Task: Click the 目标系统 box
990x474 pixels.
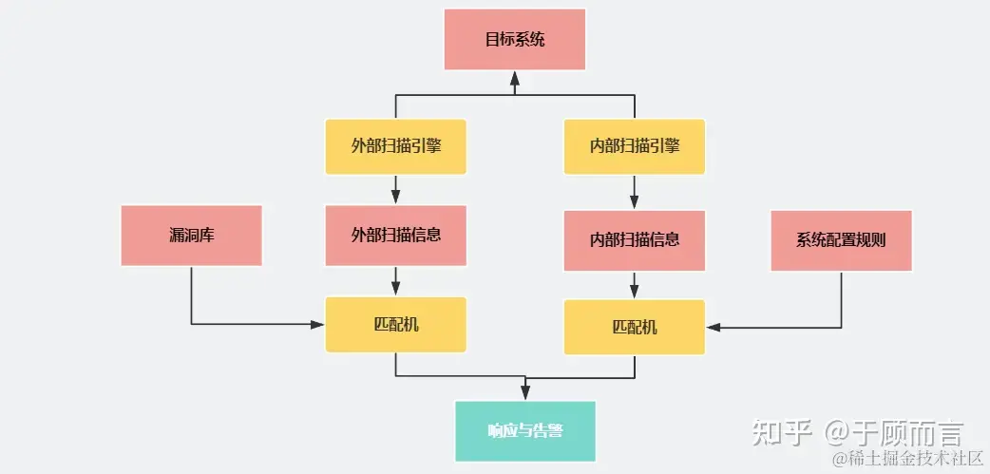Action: tap(514, 40)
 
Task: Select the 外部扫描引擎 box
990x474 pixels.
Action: tap(395, 146)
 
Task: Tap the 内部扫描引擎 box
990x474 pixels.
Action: tap(634, 146)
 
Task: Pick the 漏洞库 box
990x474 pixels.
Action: tap(191, 235)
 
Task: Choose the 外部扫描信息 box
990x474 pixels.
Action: tap(395, 235)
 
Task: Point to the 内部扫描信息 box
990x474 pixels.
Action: tap(634, 238)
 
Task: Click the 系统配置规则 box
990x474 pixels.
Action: tap(841, 239)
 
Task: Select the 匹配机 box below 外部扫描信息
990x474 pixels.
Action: tap(395, 324)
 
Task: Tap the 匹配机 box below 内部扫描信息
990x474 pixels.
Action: tap(634, 328)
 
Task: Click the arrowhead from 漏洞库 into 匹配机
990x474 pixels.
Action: tap(317, 324)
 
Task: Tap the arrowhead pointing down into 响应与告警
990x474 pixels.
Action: tap(525, 393)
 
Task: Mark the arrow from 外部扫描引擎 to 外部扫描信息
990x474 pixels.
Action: tap(395, 190)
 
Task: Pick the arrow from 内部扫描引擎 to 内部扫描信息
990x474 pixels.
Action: tap(634, 193)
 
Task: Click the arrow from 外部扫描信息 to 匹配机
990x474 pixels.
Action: tap(395, 281)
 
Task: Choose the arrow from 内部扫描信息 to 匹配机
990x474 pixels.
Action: tap(634, 286)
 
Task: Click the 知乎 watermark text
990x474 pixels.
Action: tap(781, 433)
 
